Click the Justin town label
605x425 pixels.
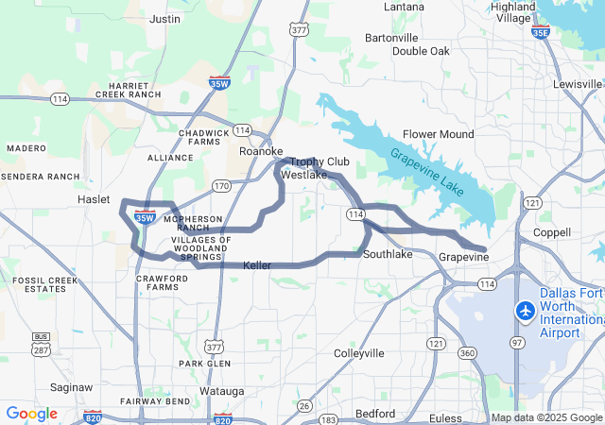coord(165,18)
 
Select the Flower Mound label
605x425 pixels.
coord(438,134)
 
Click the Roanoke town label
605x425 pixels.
coord(261,151)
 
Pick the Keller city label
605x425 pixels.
coord(257,266)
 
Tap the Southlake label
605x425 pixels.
coord(388,255)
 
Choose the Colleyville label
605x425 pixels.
coord(359,353)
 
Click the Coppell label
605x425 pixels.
coord(552,232)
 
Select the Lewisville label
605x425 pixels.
coord(578,84)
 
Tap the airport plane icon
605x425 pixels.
coord(525,310)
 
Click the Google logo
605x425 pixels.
coord(31,414)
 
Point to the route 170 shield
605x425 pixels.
coord(221,186)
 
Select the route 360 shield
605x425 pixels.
coord(466,352)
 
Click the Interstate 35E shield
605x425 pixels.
coord(540,33)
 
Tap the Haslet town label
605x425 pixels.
coord(94,200)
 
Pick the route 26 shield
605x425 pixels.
coord(303,406)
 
